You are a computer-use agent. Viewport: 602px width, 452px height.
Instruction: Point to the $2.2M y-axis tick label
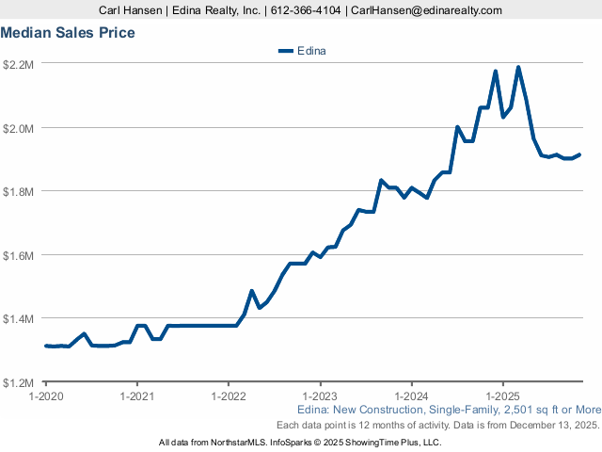19,64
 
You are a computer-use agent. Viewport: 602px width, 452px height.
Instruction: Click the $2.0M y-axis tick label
19,127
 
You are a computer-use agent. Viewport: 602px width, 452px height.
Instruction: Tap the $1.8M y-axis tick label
19,191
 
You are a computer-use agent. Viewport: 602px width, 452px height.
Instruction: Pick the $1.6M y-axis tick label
19,255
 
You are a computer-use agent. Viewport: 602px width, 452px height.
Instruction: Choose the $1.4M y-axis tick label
19,318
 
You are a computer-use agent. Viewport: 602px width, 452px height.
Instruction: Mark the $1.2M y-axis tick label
19,382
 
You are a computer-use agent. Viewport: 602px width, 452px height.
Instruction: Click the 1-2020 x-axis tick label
45,396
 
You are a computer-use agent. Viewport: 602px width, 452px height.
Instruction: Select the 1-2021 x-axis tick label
136,396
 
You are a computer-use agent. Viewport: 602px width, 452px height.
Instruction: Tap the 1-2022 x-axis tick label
229,396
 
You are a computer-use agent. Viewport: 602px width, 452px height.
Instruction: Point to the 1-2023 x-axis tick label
320,396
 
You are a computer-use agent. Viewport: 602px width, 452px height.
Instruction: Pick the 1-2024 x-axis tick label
411,396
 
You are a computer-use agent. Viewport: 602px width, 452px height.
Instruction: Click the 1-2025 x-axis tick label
503,396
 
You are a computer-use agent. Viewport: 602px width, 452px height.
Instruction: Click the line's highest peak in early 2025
518,67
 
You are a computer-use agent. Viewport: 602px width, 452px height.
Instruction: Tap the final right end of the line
579,154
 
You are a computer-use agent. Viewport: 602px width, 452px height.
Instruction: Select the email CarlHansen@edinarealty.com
426,10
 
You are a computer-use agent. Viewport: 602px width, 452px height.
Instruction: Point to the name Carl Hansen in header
133,10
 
